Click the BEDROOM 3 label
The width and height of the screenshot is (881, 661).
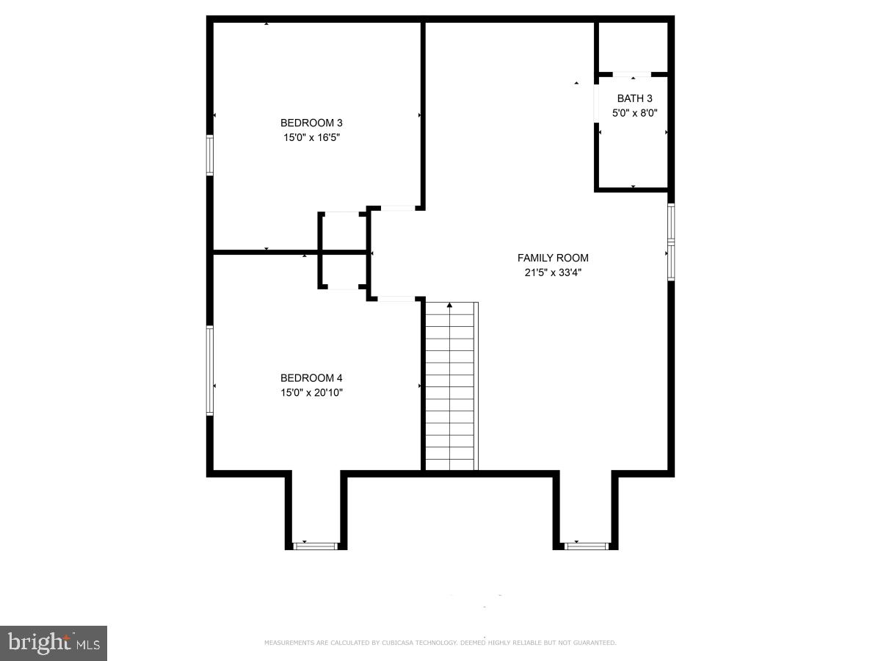[x=311, y=123]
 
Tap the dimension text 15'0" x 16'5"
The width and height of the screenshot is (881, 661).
[x=311, y=137]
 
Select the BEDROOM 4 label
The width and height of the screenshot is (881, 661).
[x=311, y=378]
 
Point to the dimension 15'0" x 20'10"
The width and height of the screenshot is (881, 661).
[x=311, y=392]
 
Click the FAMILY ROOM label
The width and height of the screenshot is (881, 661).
[x=553, y=258]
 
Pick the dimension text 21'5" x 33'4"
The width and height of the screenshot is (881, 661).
[x=553, y=272]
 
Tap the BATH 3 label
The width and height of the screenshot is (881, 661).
[x=634, y=98]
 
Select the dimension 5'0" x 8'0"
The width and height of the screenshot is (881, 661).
[x=634, y=113]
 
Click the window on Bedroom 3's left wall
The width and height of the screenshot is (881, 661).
[x=210, y=155]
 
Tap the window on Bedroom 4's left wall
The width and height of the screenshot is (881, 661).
[x=210, y=371]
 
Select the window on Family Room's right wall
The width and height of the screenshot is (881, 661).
[x=671, y=242]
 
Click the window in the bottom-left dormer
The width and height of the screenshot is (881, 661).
[x=315, y=546]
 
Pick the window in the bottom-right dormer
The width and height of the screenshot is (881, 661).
[x=587, y=546]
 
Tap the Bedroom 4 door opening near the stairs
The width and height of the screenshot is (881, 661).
[x=396, y=299]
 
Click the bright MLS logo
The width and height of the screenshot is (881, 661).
[x=54, y=643]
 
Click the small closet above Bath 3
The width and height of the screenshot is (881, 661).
[x=632, y=48]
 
